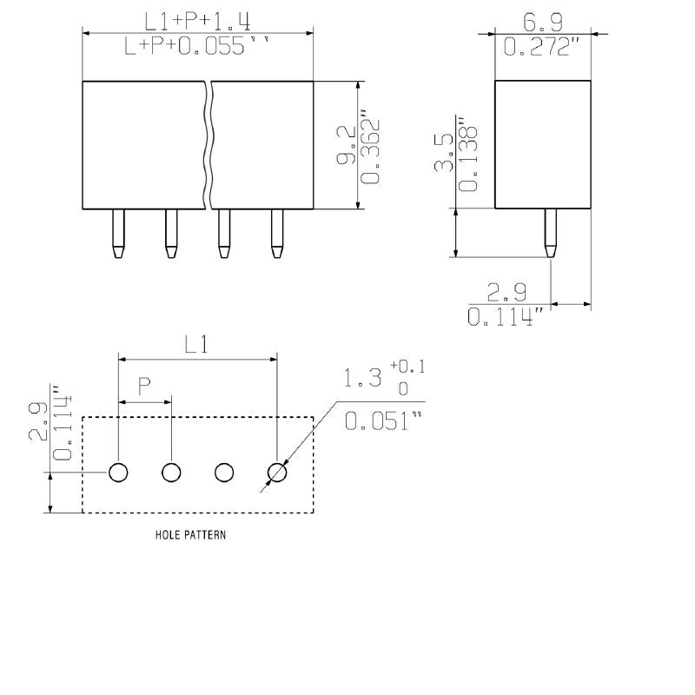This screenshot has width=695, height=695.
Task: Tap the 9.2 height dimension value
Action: (x=345, y=146)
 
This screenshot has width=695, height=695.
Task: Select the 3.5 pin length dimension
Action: (x=443, y=153)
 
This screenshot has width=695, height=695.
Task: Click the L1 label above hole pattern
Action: (x=196, y=345)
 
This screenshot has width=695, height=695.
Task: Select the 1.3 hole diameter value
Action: (x=363, y=379)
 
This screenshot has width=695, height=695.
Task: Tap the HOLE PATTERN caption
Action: (x=189, y=535)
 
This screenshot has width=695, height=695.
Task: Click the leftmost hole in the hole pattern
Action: (x=118, y=473)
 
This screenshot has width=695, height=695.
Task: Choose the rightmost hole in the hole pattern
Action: (x=277, y=473)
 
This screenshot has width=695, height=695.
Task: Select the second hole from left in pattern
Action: (x=171, y=473)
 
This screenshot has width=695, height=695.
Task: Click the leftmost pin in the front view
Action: (x=117, y=234)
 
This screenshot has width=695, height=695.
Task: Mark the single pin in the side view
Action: (x=550, y=233)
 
